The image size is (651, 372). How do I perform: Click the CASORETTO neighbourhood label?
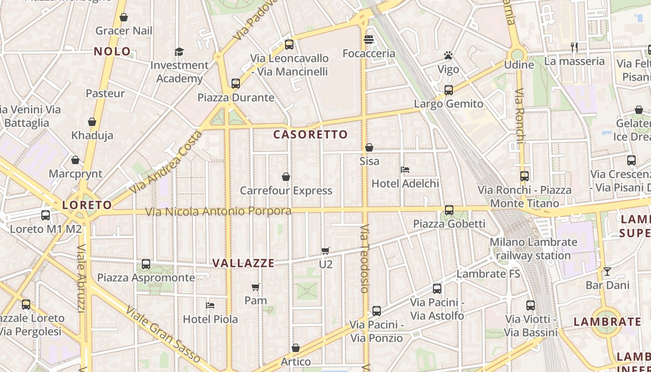pos(311,135)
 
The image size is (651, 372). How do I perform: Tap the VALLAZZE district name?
pos(243,263)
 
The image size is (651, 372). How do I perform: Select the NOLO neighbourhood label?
pos(113,51)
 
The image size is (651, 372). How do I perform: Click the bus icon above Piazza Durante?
pos(236,84)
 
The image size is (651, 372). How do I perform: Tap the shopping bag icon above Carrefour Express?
pos(286,177)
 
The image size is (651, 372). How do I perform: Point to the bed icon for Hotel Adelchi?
pos(405,170)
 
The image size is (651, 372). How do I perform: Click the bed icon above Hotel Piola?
pos(210,306)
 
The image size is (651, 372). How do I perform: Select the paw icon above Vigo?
pos(448,56)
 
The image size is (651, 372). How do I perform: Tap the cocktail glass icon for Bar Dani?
pos(607,272)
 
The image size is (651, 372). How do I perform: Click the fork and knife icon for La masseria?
pos(574,47)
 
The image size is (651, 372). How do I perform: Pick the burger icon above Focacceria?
pos(369,40)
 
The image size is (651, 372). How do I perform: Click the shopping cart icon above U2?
pos(325,251)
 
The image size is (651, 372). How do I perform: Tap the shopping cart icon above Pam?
pos(255,287)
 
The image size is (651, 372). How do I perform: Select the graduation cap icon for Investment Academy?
pos(179,52)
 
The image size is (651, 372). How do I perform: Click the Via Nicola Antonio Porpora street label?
pos(219,212)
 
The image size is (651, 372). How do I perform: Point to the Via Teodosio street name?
pos(365,259)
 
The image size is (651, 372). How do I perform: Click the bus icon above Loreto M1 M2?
pos(46,215)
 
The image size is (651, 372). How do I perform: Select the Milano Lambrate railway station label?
pos(533,249)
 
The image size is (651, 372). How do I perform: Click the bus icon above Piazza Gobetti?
pos(449,210)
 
